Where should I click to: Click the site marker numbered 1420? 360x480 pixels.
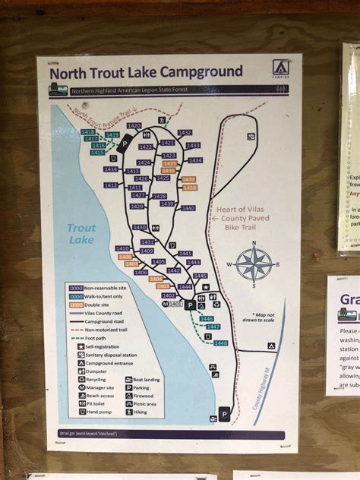click(x=134, y=125)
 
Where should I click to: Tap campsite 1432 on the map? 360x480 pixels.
click(x=185, y=132)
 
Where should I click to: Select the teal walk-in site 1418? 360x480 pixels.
click(x=87, y=131)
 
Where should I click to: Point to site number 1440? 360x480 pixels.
click(x=188, y=208)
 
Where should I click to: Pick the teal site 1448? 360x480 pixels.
click(x=220, y=343)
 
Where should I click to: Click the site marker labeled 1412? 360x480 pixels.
click(x=111, y=185)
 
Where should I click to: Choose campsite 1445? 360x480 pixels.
click(x=200, y=276)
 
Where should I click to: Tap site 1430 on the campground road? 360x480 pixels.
click(x=139, y=227)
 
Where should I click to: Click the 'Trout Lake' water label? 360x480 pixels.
click(x=81, y=233)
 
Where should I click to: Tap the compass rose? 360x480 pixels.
click(x=254, y=264)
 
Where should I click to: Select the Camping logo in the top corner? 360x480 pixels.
click(x=280, y=68)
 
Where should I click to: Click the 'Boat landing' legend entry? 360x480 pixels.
click(x=145, y=378)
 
